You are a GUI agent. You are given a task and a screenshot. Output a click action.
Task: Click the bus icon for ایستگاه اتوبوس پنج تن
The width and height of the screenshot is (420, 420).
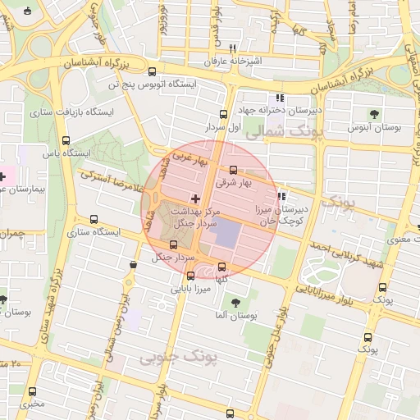pos(153,71)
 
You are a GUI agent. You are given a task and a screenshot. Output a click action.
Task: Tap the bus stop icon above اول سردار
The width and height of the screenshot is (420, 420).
pos(223,114)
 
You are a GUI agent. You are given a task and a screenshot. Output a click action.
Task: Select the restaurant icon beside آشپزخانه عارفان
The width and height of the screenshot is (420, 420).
pos(232,48)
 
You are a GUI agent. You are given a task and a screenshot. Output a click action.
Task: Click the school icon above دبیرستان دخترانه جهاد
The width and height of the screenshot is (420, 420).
pos(281,97)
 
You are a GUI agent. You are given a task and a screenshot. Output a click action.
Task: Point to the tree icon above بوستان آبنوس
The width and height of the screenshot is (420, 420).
pos(375,114)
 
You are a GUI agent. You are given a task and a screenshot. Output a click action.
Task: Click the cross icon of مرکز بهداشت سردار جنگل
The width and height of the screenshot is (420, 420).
pos(195,199)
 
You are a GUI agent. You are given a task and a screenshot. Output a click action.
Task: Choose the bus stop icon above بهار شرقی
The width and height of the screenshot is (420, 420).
pos(233,170)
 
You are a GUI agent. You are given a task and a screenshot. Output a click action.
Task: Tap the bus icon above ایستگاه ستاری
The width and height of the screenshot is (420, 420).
pos(94,220)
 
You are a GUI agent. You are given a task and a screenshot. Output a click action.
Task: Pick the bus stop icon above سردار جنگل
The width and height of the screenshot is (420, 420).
pos(172,244)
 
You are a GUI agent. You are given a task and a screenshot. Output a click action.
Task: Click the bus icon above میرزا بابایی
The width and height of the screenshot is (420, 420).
pos(190,276)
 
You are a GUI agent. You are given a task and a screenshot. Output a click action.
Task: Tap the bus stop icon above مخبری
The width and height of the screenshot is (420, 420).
pos(33,391)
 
